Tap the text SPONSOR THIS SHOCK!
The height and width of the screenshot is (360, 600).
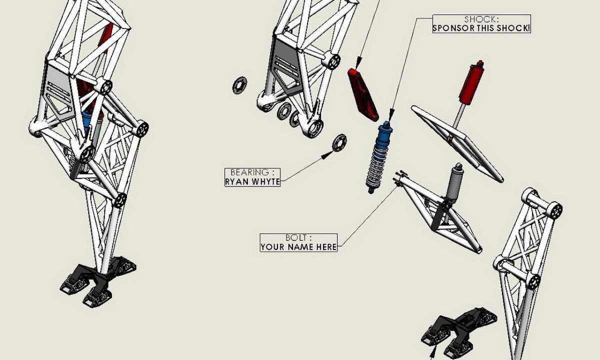coord(481,28)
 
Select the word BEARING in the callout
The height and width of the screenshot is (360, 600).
coord(249,172)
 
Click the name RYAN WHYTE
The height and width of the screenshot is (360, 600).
coord(252,181)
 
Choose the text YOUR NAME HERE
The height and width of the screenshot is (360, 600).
coord(298,247)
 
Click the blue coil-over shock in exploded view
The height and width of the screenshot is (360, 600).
coord(379,157)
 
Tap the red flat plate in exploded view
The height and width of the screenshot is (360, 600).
coord(363,94)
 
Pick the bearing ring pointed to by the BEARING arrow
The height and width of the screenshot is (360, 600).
coord(339,143)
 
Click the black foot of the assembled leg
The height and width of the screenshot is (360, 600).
coord(98,281)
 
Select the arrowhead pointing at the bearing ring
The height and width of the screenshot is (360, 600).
coord(327,155)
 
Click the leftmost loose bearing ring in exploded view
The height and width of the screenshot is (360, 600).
coord(239,85)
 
